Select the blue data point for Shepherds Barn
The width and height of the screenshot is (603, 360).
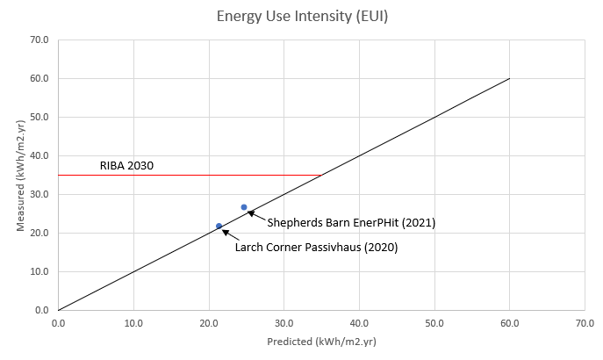click(x=244, y=207)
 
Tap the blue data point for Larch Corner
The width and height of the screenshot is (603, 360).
click(x=219, y=226)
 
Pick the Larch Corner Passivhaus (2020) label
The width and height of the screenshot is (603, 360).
click(x=316, y=248)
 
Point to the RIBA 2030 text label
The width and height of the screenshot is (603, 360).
click(x=126, y=164)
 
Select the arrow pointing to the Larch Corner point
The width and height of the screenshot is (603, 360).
click(x=228, y=234)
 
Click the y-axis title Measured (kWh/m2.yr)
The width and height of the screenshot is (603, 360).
click(x=19, y=174)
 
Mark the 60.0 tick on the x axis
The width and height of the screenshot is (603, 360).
click(x=509, y=322)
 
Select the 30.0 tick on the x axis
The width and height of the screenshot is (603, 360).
click(x=284, y=322)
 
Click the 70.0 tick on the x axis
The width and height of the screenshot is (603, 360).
click(x=584, y=322)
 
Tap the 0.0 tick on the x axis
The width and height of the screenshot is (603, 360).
click(x=58, y=322)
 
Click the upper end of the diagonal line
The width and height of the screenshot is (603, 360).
click(x=509, y=78)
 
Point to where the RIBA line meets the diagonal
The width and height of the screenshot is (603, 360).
click(x=321, y=175)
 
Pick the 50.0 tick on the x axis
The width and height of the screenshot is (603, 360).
click(x=434, y=322)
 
